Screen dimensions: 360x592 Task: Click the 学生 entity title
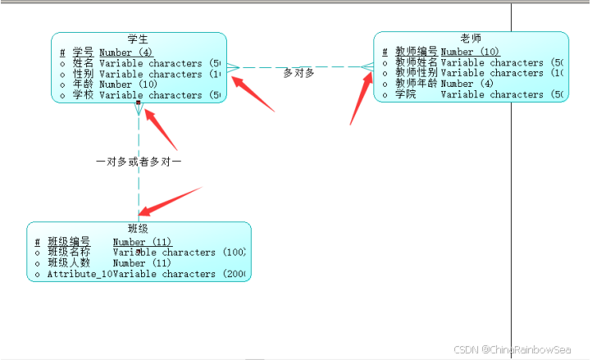[138, 39]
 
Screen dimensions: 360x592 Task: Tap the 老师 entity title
[471, 38]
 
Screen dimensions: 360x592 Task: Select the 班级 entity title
[138, 228]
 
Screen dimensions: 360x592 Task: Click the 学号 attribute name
[83, 52]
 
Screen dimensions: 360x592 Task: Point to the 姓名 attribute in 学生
[83, 63]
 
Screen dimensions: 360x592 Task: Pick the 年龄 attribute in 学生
[83, 84]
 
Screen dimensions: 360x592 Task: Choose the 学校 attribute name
[83, 95]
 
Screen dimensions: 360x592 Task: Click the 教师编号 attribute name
[417, 52]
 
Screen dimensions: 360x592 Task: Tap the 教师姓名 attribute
[417, 62]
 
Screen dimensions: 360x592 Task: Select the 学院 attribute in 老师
[406, 94]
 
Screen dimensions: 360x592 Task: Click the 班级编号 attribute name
[69, 242]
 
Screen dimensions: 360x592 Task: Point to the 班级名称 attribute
[69, 253]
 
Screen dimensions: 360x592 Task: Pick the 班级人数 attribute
[69, 263]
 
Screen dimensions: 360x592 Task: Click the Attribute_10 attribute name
[79, 274]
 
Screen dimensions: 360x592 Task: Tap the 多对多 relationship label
[298, 73]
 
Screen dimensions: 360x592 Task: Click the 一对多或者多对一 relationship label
[139, 162]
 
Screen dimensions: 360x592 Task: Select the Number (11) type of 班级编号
[142, 242]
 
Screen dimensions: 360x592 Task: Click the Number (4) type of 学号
[125, 52]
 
